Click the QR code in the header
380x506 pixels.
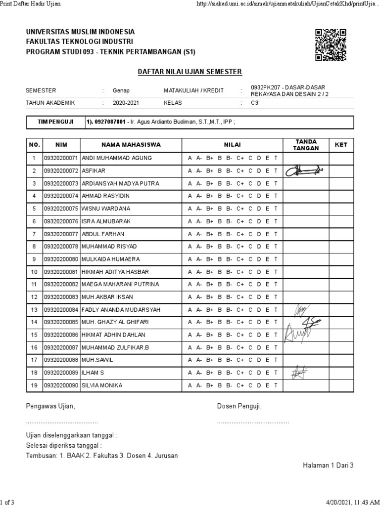(330, 45)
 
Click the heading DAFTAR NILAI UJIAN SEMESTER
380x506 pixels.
(190, 72)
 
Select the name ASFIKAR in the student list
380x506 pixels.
(93, 170)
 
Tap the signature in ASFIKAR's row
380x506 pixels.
(303, 170)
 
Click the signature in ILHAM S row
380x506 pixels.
(299, 372)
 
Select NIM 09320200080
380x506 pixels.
(61, 259)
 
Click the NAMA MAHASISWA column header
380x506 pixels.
(131, 145)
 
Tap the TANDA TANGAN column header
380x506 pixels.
(305, 145)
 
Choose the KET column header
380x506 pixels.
(341, 145)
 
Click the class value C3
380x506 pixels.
(255, 103)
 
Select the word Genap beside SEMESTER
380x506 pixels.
(121, 90)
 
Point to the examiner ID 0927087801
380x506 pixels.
(109, 122)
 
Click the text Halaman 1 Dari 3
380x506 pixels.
(328, 465)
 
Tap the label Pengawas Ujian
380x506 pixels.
(50, 406)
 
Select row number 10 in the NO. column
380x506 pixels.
(34, 272)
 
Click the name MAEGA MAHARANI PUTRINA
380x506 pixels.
(120, 284)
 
